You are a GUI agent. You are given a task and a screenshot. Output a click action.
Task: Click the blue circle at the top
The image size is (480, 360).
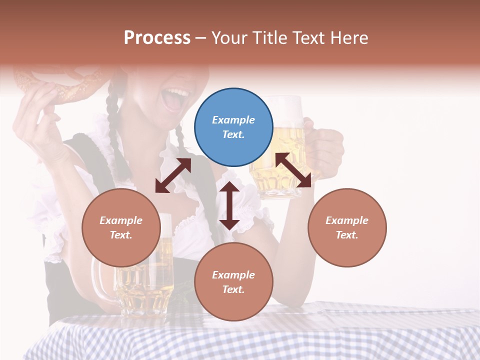pyautogui.click(x=233, y=127)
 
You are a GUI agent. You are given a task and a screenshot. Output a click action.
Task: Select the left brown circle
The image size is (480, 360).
pyautogui.click(x=121, y=227)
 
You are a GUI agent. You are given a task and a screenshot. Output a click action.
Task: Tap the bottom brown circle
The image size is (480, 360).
pyautogui.click(x=233, y=281)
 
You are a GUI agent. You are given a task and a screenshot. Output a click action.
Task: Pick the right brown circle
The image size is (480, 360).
pyautogui.click(x=346, y=227)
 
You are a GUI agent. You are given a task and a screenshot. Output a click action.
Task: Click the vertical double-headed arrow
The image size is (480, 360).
pyautogui.click(x=229, y=205)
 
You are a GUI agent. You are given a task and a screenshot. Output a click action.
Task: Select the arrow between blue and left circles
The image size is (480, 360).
pyautogui.click(x=173, y=175)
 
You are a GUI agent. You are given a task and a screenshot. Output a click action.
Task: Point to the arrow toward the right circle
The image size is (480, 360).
pyautogui.click(x=293, y=170)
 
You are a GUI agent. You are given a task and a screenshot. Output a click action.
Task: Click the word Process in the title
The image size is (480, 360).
pyautogui.click(x=157, y=37)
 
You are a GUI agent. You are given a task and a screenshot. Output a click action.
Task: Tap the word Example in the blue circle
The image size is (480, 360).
pyautogui.click(x=233, y=120)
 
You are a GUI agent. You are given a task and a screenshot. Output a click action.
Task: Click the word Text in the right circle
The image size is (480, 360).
pyautogui.click(x=346, y=235)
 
